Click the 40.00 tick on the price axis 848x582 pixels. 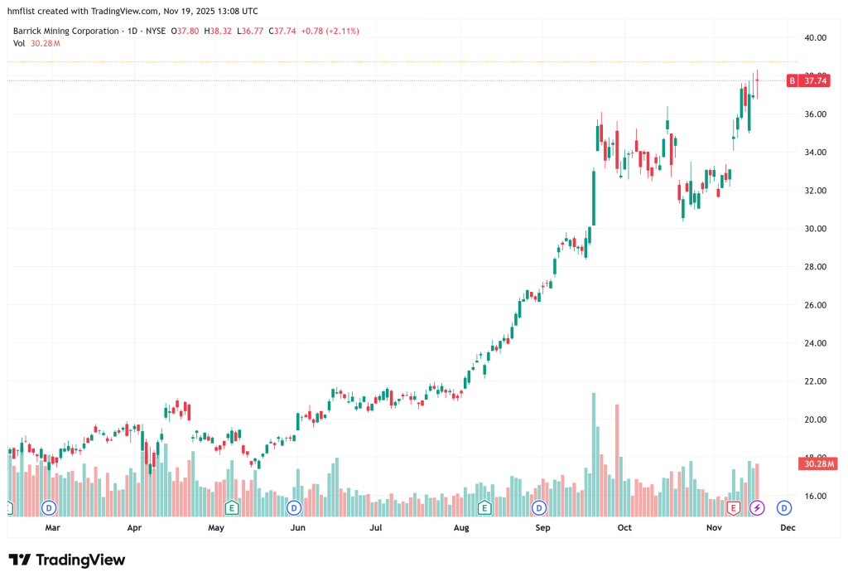817,37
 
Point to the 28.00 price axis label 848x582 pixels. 817,267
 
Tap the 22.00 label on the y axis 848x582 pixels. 817,381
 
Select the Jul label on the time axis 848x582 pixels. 376,527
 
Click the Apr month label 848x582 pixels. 134,527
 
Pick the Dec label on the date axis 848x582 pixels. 787,527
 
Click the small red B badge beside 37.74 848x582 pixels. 792,80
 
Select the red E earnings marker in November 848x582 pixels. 733,507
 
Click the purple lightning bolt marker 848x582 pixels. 756,507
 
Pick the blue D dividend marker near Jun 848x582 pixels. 293,507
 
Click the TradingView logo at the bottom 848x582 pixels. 67,560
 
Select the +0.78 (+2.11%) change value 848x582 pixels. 328,31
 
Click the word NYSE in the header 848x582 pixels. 153,31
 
